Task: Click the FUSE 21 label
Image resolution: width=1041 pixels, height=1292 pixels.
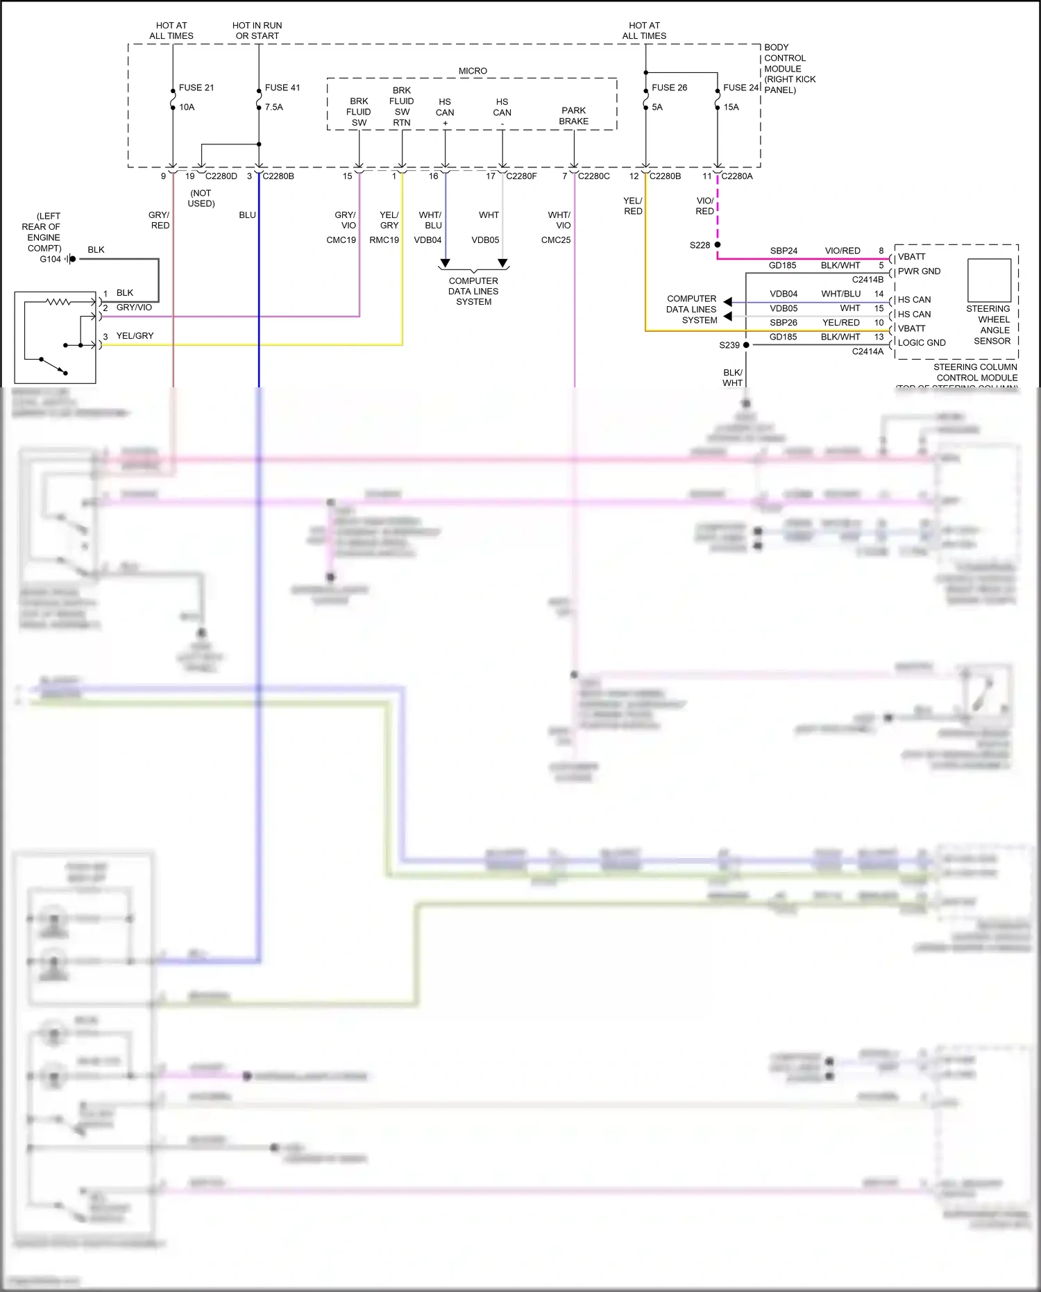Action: click(196, 87)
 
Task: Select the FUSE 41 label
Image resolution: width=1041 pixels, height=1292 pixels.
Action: click(282, 87)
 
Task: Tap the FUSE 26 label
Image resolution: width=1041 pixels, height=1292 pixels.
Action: click(669, 87)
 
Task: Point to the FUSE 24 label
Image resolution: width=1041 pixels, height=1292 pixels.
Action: click(741, 87)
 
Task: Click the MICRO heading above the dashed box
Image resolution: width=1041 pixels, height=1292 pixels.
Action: click(473, 71)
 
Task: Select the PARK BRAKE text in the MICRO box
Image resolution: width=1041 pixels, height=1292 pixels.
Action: click(573, 116)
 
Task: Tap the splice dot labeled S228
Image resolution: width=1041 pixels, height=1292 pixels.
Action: click(717, 244)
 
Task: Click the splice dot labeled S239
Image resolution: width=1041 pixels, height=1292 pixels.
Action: click(746, 344)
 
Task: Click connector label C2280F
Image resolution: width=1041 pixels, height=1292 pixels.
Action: click(521, 176)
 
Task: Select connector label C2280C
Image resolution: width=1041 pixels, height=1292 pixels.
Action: click(594, 176)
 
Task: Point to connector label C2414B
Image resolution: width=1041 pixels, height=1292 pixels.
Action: click(867, 280)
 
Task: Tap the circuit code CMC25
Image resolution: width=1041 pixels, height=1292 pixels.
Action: click(556, 240)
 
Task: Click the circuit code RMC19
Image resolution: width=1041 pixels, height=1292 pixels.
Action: click(384, 240)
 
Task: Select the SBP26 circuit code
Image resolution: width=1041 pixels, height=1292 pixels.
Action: click(783, 323)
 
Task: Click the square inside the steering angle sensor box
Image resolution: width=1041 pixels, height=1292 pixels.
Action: click(989, 280)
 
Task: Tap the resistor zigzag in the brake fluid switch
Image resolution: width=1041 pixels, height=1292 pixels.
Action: click(58, 301)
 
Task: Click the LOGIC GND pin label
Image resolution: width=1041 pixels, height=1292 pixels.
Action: click(922, 343)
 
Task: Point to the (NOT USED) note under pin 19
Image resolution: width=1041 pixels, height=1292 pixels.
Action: click(201, 199)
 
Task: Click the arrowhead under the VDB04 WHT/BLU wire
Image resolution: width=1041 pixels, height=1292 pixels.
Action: click(445, 264)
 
